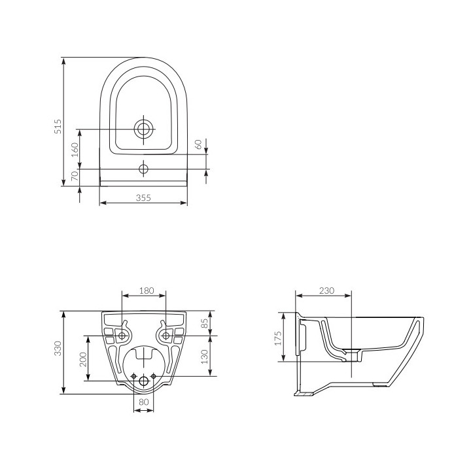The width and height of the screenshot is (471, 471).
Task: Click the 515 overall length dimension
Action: coord(58,126)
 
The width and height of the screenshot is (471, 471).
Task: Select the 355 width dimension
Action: coord(143,198)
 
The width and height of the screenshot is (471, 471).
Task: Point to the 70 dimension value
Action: coord(74,175)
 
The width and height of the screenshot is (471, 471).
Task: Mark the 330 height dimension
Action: coord(58,352)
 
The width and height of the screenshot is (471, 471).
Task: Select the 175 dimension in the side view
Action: coord(278,337)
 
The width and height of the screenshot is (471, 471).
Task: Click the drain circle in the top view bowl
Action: coord(143,128)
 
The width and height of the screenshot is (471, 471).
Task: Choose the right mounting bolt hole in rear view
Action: coord(166,336)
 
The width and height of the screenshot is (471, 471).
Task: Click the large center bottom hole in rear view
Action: coord(144,381)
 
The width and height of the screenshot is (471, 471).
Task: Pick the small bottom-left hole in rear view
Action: coord(134,376)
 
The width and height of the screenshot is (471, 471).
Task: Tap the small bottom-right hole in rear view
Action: coord(154,376)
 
